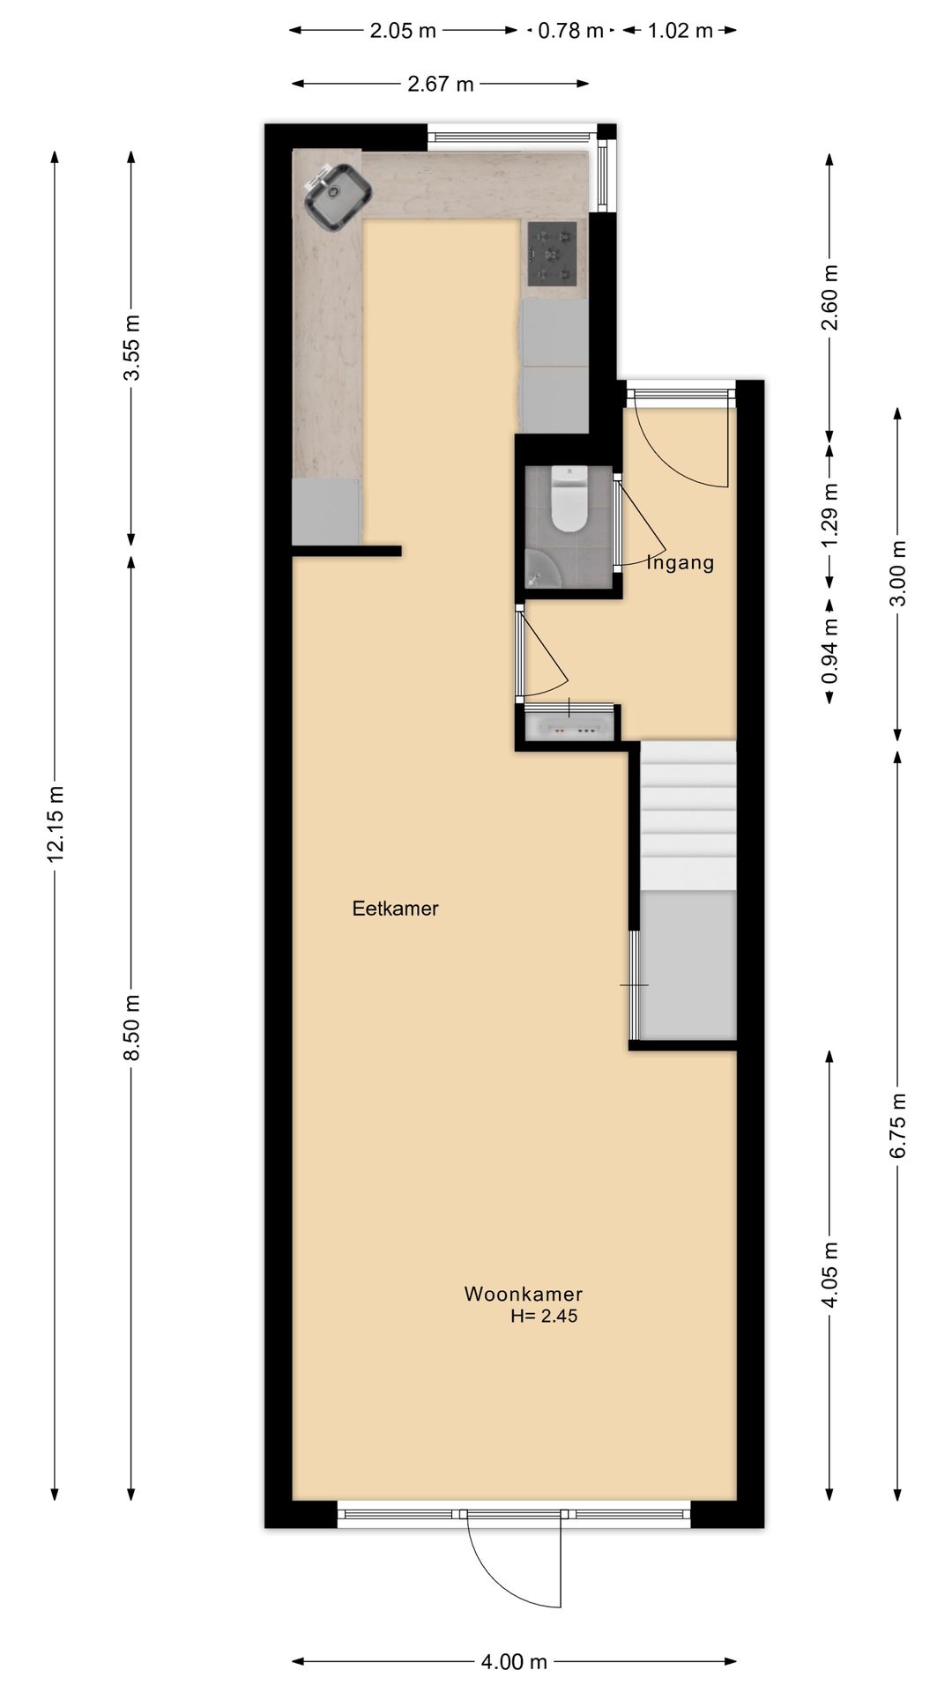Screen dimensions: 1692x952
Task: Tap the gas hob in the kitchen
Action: (553, 254)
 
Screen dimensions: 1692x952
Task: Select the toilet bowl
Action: (569, 501)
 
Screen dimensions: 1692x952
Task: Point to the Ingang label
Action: (681, 562)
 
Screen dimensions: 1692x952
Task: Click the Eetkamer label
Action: (395, 909)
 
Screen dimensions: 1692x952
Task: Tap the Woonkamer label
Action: (524, 1295)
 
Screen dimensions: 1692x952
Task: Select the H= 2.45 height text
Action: (544, 1317)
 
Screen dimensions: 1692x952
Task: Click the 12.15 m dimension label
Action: (56, 823)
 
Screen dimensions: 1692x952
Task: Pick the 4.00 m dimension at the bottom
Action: (514, 1662)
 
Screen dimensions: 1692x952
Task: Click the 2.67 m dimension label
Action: (441, 84)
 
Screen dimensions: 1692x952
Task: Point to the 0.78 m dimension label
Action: (570, 31)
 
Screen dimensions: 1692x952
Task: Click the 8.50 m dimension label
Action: (131, 1028)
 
